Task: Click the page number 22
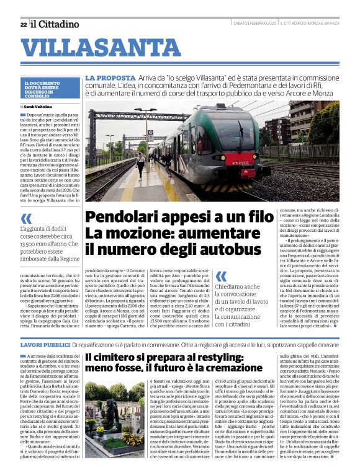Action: pyautogui.click(x=23, y=24)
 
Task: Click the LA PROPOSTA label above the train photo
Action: pyautogui.click(x=103, y=78)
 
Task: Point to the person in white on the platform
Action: pyautogui.click(x=141, y=164)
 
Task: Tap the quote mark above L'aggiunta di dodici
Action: pyautogui.click(x=25, y=218)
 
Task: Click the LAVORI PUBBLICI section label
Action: pyautogui.click(x=44, y=344)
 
